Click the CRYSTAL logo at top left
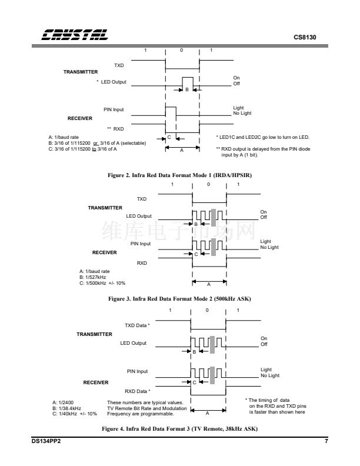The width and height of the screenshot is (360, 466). tap(75, 35)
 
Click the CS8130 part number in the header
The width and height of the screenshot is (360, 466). tap(305, 38)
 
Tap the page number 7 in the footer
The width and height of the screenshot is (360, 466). tap(326, 441)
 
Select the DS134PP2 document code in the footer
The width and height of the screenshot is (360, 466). tap(46, 441)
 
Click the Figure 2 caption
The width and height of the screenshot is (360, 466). tap(179, 175)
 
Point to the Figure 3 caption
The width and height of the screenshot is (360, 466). tap(179, 299)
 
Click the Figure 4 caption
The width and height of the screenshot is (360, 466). tap(179, 428)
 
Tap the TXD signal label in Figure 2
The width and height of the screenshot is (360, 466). tap(119, 65)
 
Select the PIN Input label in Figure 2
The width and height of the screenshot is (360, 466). tap(114, 109)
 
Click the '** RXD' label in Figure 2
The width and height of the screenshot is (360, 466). tap(115, 129)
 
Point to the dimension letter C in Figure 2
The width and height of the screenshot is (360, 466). tap(169, 137)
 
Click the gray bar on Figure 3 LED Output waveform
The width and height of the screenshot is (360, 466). tap(214, 218)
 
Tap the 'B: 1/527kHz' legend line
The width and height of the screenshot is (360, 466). tap(93, 277)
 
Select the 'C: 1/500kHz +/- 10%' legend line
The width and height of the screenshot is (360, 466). tap(102, 283)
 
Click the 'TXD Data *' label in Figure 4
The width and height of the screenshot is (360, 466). tap(137, 325)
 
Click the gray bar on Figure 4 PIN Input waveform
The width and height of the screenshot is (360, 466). tap(212, 375)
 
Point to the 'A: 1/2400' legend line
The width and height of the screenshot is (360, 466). tap(63, 402)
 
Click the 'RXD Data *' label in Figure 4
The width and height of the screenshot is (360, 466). tap(138, 391)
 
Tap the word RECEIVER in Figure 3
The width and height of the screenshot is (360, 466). tap(105, 252)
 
